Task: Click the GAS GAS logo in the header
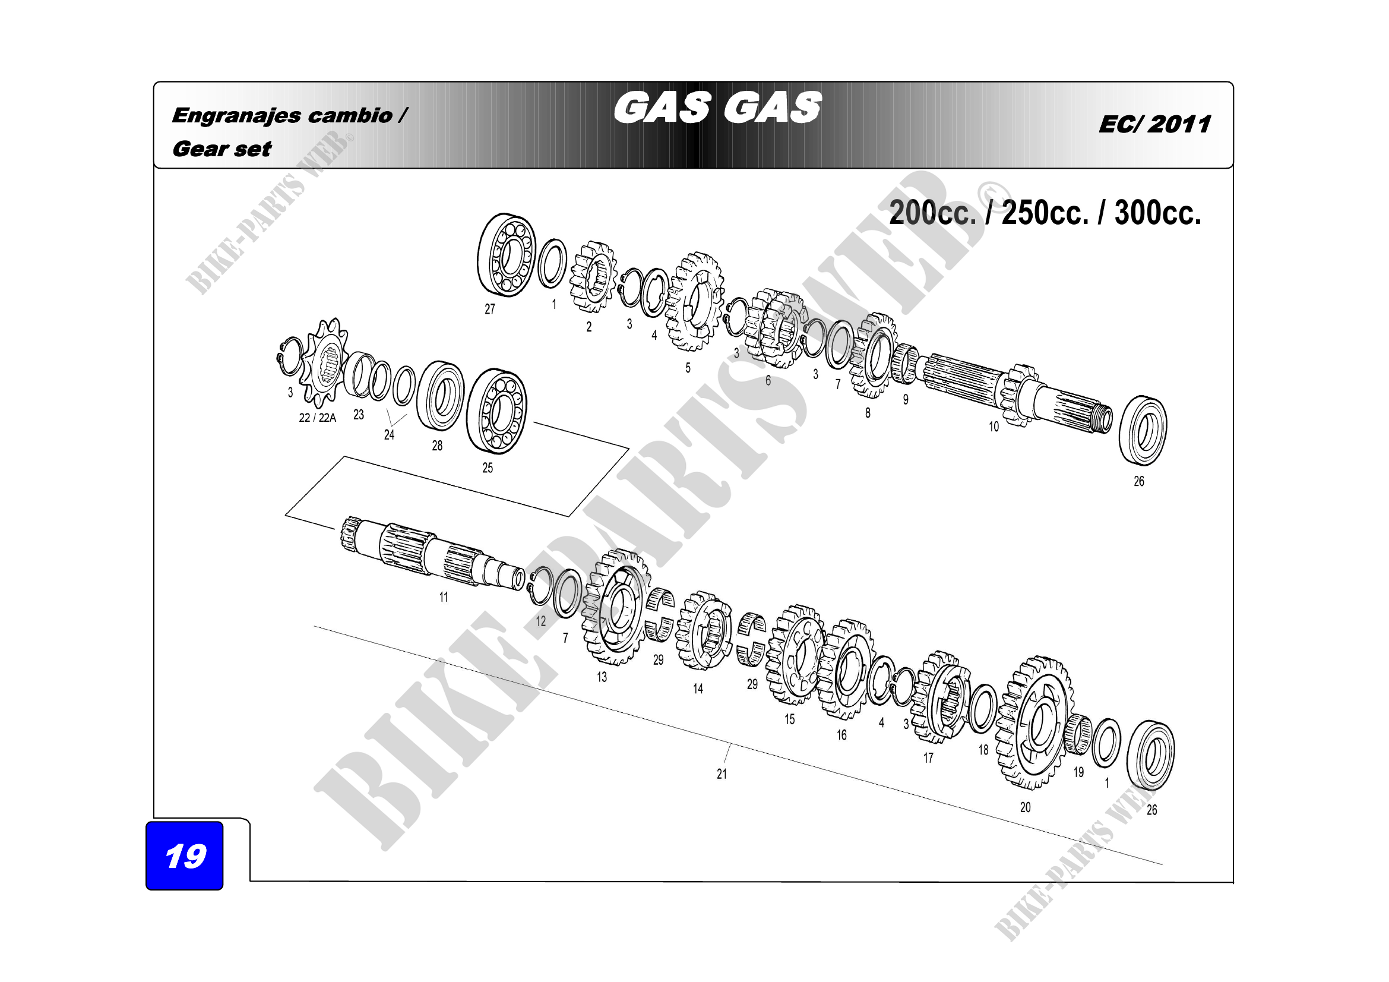coord(717,108)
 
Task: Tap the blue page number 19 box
coord(185,855)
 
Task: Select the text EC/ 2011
coord(1155,125)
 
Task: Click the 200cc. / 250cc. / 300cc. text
coord(1045,213)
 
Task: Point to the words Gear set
coord(222,149)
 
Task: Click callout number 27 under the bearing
coord(490,309)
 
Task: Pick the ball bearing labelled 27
coord(507,255)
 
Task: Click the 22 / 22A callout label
coord(318,418)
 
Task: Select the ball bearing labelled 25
coord(497,411)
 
